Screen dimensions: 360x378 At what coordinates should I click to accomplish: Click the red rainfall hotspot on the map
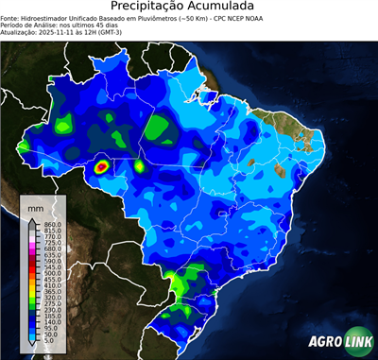click(x=103, y=168)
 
